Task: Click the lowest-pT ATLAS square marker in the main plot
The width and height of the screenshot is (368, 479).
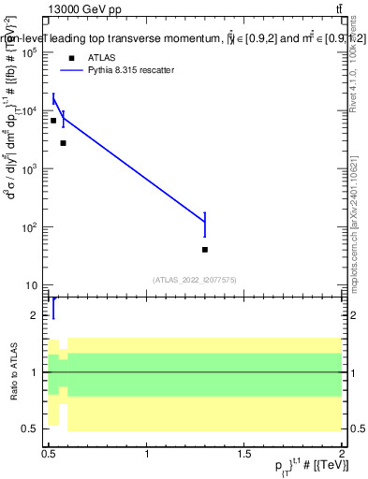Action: (53, 121)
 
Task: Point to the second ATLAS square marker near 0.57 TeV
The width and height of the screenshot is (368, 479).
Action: (63, 143)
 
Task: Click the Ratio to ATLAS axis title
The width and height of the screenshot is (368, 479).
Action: (12, 372)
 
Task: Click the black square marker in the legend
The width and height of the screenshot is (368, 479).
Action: (72, 57)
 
